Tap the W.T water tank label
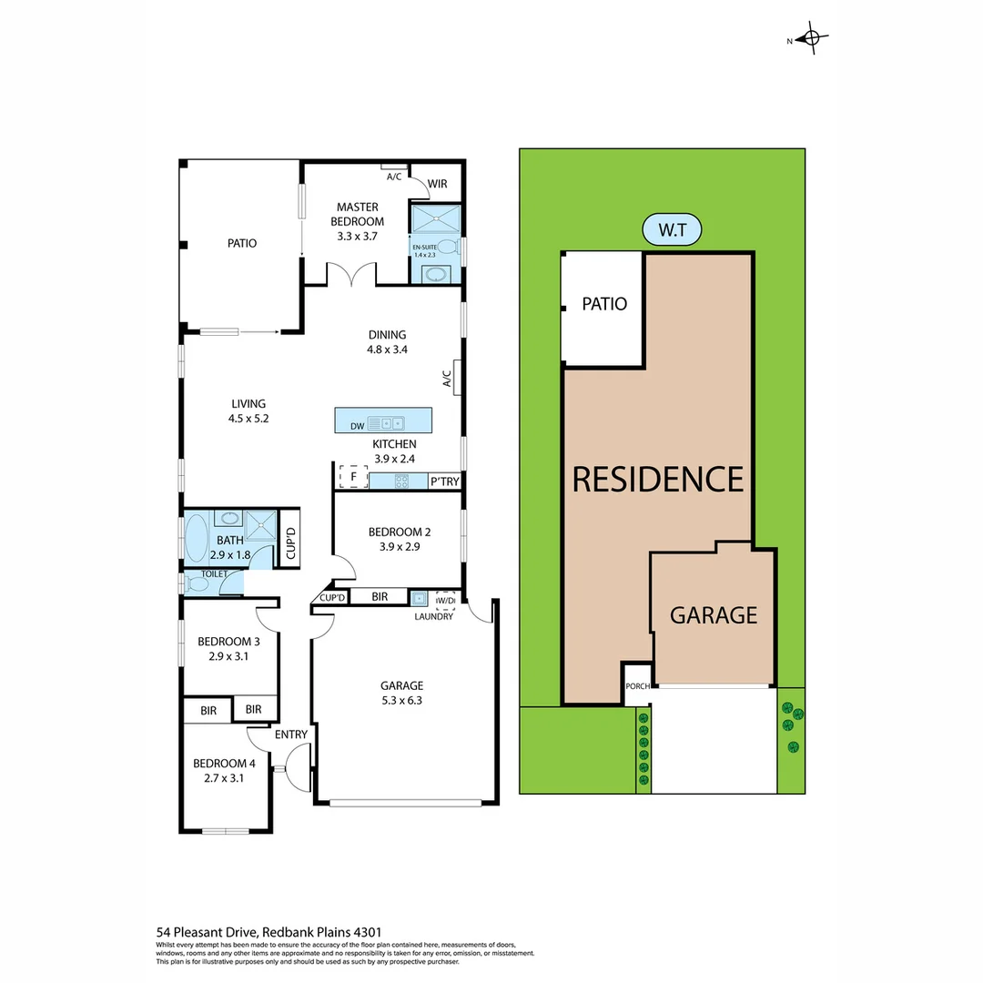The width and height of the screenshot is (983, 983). [672, 230]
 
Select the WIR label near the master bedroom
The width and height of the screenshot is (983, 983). [438, 184]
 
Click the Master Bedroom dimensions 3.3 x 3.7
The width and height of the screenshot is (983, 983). [357, 236]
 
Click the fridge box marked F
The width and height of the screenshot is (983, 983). [353, 476]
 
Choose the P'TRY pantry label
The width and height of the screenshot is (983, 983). [444, 481]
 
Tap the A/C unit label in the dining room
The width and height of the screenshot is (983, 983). [447, 378]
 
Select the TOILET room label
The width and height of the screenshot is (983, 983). [214, 574]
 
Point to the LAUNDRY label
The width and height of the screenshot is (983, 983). [433, 616]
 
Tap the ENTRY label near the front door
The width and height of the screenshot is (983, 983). [291, 735]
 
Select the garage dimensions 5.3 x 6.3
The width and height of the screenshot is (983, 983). [401, 701]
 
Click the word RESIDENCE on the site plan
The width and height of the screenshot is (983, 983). [657, 479]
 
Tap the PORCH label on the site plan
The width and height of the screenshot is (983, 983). [637, 685]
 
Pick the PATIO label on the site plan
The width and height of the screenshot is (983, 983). [604, 304]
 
